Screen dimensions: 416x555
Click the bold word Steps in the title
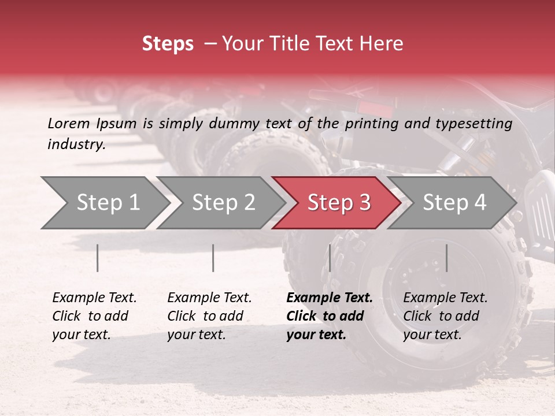pyautogui.click(x=168, y=44)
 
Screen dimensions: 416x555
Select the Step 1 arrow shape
pyautogui.click(x=104, y=203)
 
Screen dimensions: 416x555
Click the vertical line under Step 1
pyautogui.click(x=98, y=258)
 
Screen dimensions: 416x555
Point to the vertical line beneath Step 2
pyautogui.click(x=213, y=258)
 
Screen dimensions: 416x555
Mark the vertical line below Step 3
pyautogui.click(x=330, y=258)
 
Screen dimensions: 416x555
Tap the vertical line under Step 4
pyautogui.click(x=446, y=258)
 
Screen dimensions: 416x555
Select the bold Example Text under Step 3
pyautogui.click(x=329, y=316)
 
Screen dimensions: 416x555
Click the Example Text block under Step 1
pyautogui.click(x=94, y=316)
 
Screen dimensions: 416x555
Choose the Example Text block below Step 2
pyautogui.click(x=209, y=316)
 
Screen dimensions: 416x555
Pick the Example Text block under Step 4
pyautogui.click(x=445, y=316)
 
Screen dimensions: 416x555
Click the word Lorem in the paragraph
pyautogui.click(x=69, y=123)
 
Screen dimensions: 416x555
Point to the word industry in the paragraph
pyautogui.click(x=76, y=144)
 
